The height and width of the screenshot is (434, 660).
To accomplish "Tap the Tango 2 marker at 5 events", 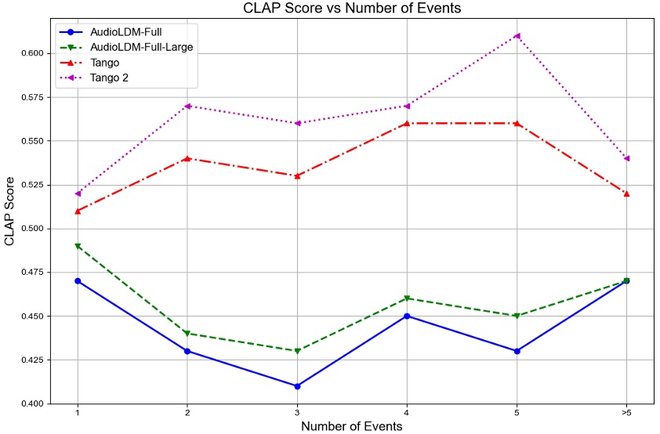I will click(x=517, y=35).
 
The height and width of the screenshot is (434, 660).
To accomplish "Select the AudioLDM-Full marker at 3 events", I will click(x=297, y=386).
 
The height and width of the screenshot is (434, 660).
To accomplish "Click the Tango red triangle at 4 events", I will click(x=407, y=123).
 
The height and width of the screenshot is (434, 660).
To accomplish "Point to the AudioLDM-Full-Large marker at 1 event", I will click(x=78, y=246).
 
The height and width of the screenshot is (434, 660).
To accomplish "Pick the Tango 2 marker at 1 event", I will click(x=78, y=193).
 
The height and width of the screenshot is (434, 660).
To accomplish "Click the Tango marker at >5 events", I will click(x=626, y=193).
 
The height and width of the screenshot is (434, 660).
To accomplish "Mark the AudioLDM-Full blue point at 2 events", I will click(x=187, y=351).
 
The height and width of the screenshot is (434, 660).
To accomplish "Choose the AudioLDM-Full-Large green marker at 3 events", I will click(x=297, y=351).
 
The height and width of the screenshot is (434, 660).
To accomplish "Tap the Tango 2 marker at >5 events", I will click(x=626, y=158).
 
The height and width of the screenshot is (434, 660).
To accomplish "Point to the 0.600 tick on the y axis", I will click(x=36, y=53).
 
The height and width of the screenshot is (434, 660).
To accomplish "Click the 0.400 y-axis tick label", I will click(x=36, y=404).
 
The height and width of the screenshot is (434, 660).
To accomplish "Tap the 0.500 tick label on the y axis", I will click(x=36, y=229).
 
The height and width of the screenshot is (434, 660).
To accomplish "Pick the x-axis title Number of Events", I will click(x=352, y=427).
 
